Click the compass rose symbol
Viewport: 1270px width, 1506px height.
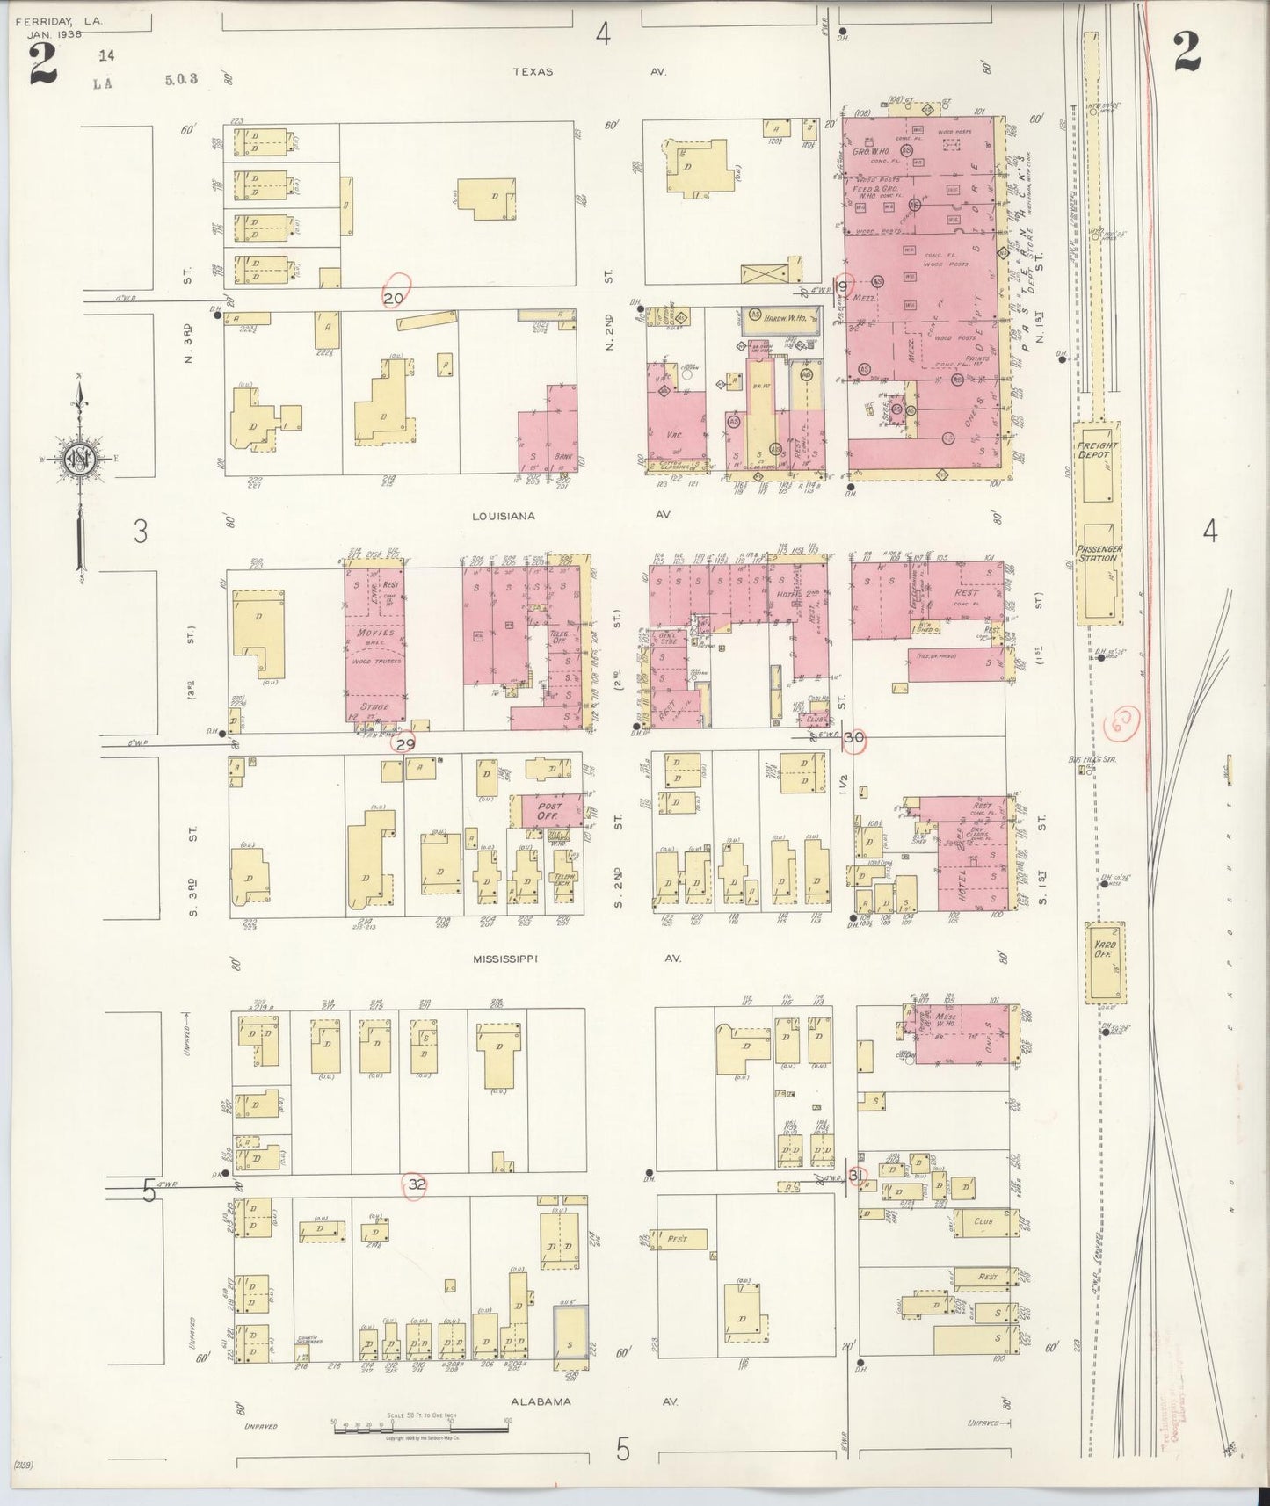[79, 459]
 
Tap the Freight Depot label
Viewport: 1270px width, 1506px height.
[1098, 451]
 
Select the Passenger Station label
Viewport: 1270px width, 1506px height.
[1098, 554]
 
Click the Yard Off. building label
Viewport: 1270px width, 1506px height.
[1103, 950]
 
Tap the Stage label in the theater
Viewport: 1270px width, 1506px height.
[374, 706]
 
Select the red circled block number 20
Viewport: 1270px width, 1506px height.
[394, 299]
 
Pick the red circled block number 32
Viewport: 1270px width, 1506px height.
[417, 1184]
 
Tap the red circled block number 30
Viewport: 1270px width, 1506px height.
[853, 739]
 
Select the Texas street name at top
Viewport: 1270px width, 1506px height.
[533, 71]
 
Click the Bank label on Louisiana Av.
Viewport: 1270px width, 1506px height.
[564, 457]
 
